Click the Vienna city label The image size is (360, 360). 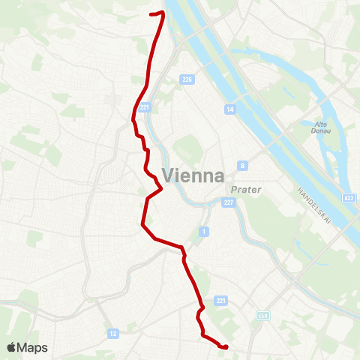pyautogui.click(x=193, y=176)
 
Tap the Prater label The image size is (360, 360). pyautogui.click(x=246, y=190)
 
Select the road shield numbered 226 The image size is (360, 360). pyautogui.click(x=184, y=79)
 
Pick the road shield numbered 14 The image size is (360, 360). pyautogui.click(x=229, y=109)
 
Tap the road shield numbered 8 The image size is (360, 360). pyautogui.click(x=242, y=164)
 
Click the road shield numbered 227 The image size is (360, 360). pyautogui.click(x=229, y=202)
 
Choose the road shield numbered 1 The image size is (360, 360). pyautogui.click(x=204, y=232)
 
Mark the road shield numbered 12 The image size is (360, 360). pyautogui.click(x=113, y=333)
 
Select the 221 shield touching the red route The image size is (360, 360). pyautogui.click(x=145, y=107)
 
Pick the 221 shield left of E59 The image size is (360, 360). pyautogui.click(x=220, y=301)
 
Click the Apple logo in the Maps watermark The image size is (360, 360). pyautogui.click(x=13, y=347)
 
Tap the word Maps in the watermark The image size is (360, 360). pyautogui.click(x=32, y=348)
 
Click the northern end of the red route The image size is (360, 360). pyautogui.click(x=152, y=13)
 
